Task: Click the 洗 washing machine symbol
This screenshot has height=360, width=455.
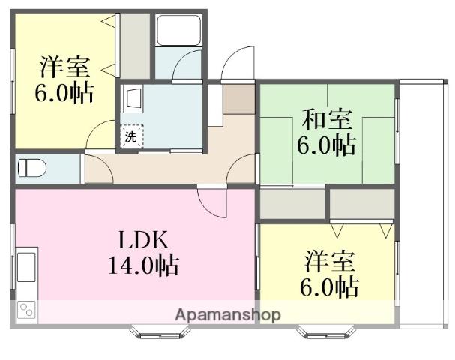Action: pyautogui.click(x=131, y=136)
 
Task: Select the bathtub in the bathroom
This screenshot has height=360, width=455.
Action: pyautogui.click(x=178, y=31)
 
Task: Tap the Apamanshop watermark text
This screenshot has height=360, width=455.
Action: pyautogui.click(x=228, y=314)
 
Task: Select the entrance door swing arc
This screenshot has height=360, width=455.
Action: pyautogui.click(x=239, y=63)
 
